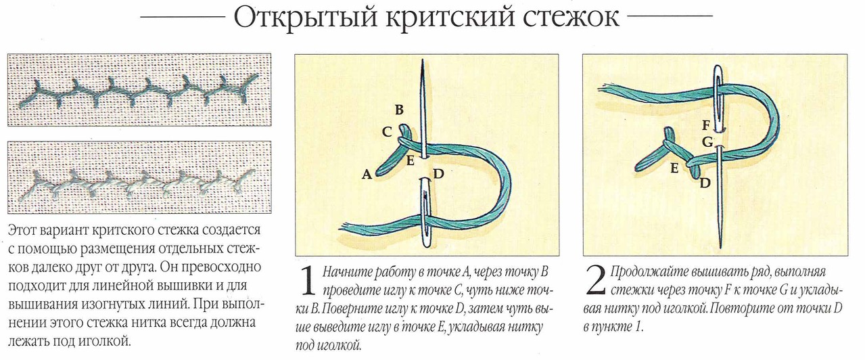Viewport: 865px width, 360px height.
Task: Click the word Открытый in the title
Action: click(x=305, y=17)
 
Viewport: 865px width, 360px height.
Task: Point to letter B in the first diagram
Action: click(x=399, y=110)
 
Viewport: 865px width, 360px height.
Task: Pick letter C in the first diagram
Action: click(x=387, y=132)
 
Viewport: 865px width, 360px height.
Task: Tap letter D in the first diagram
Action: click(x=438, y=174)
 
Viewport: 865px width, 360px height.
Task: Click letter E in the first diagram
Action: click(x=410, y=160)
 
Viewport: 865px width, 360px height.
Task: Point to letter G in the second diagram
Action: click(x=707, y=142)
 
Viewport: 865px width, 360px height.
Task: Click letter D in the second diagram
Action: click(x=705, y=183)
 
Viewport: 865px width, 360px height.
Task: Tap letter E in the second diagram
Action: click(x=674, y=168)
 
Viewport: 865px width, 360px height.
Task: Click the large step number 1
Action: click(x=309, y=280)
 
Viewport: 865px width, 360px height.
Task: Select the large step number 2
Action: click(x=596, y=280)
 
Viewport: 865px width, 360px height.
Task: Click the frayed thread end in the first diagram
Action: click(x=346, y=227)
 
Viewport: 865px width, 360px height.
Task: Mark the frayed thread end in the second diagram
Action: click(x=605, y=87)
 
